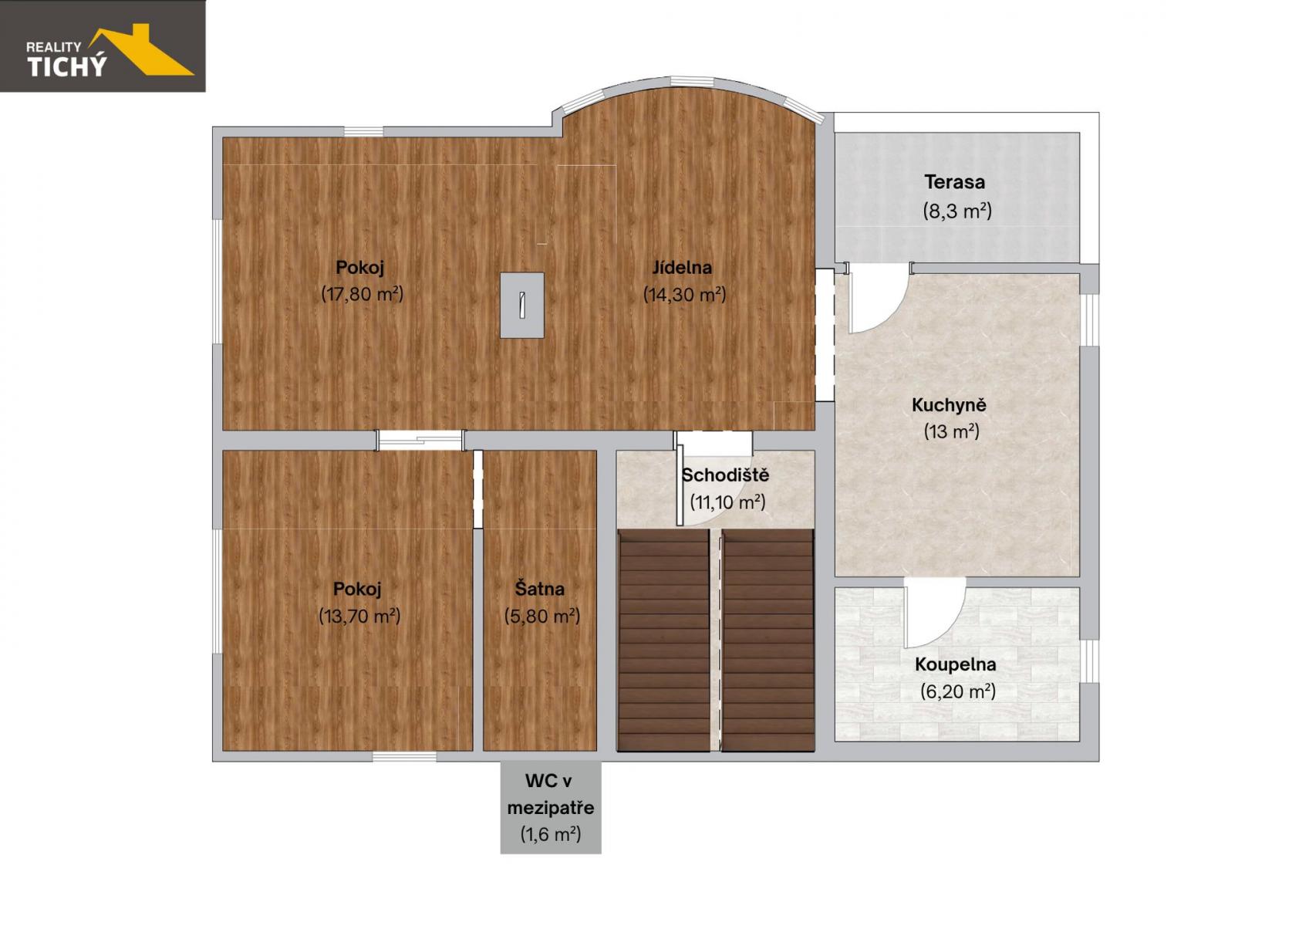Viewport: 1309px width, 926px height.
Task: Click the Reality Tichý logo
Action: tap(103, 46)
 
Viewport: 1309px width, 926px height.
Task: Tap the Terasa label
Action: tap(954, 182)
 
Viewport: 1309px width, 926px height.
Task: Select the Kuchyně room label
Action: tap(949, 404)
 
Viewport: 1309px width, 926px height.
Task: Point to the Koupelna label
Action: tap(956, 664)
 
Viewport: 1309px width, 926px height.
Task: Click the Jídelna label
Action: tap(682, 268)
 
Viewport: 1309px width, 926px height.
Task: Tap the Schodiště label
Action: tap(725, 475)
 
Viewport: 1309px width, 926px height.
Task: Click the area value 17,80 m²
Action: tap(363, 294)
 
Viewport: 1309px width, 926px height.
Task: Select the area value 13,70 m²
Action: tap(359, 616)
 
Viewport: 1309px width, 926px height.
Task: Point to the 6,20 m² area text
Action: tap(958, 691)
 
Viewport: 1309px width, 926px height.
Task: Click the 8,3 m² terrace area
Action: tap(957, 211)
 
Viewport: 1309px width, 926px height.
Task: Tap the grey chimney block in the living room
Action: tap(522, 305)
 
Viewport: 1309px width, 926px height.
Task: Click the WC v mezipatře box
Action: tap(551, 807)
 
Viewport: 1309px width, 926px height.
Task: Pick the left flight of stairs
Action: tap(664, 640)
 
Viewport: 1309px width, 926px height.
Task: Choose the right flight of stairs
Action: tap(768, 640)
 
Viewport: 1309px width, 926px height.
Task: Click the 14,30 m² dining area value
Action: tap(684, 294)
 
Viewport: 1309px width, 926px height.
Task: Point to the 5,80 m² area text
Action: tap(541, 616)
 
